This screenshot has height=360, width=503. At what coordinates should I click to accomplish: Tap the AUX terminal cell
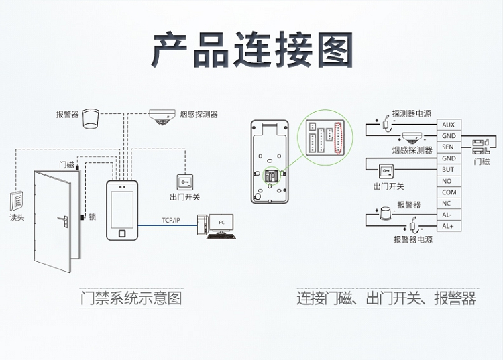click(x=448, y=125)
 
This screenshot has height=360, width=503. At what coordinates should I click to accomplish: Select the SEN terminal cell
click(x=448, y=147)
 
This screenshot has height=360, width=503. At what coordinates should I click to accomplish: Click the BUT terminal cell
click(x=448, y=170)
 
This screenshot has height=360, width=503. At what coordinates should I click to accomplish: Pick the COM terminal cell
click(x=448, y=192)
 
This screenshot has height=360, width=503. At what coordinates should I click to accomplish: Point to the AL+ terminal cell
click(x=448, y=226)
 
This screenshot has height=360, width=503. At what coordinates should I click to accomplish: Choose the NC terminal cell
click(x=448, y=203)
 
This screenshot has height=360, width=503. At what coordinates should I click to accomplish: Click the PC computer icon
click(x=219, y=224)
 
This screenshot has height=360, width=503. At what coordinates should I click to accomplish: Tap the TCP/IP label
click(x=171, y=220)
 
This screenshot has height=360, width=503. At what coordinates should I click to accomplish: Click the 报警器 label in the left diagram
click(x=67, y=114)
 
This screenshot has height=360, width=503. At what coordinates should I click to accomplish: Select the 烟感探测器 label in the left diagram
click(x=199, y=114)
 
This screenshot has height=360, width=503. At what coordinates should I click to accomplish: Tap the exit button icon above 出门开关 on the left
click(x=184, y=182)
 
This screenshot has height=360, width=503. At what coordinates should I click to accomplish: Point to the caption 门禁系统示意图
click(x=131, y=298)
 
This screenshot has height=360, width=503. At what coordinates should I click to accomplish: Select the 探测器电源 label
click(x=412, y=113)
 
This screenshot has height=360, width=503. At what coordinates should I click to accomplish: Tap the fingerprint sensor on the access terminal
click(x=122, y=234)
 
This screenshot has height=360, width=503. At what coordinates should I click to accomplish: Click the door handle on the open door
click(x=66, y=219)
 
